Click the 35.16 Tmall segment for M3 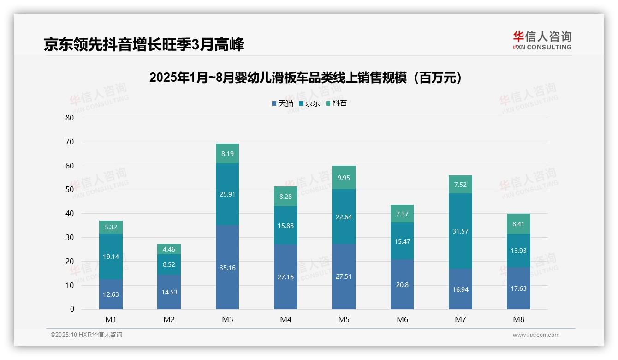click(x=227, y=267)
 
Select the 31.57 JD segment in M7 click(x=460, y=231)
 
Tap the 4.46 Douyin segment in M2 click(x=169, y=249)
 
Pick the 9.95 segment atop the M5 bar click(x=344, y=178)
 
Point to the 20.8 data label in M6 click(x=402, y=285)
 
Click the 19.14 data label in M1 click(x=111, y=257)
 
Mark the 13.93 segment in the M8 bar click(x=518, y=251)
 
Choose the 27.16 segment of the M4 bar click(x=285, y=277)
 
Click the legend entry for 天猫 click(x=282, y=103)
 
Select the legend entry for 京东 click(x=309, y=103)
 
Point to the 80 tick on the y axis click(x=70, y=118)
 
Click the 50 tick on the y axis click(x=70, y=189)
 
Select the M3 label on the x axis click(x=227, y=319)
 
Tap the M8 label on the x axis click(x=518, y=319)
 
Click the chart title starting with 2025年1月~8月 click(x=306, y=78)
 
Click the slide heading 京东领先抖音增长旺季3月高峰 click(x=143, y=45)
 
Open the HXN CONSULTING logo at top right click(x=542, y=41)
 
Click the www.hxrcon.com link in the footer click(x=536, y=335)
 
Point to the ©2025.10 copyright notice click(x=86, y=335)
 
